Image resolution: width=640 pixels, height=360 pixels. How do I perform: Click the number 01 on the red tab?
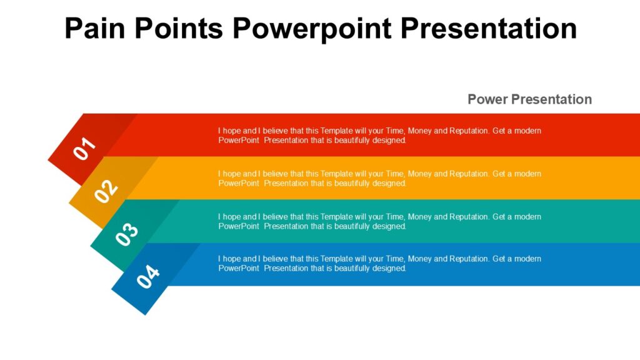85,149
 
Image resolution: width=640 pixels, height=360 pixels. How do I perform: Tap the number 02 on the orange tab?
106,191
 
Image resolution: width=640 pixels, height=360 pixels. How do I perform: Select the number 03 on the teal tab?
127,234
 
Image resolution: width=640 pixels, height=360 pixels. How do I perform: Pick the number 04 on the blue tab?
148,277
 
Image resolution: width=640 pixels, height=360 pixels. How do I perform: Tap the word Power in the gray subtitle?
487,99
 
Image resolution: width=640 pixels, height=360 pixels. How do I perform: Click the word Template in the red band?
337,131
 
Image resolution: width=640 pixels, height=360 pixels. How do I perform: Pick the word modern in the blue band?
527,259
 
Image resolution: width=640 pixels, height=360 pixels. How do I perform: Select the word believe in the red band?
276,131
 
